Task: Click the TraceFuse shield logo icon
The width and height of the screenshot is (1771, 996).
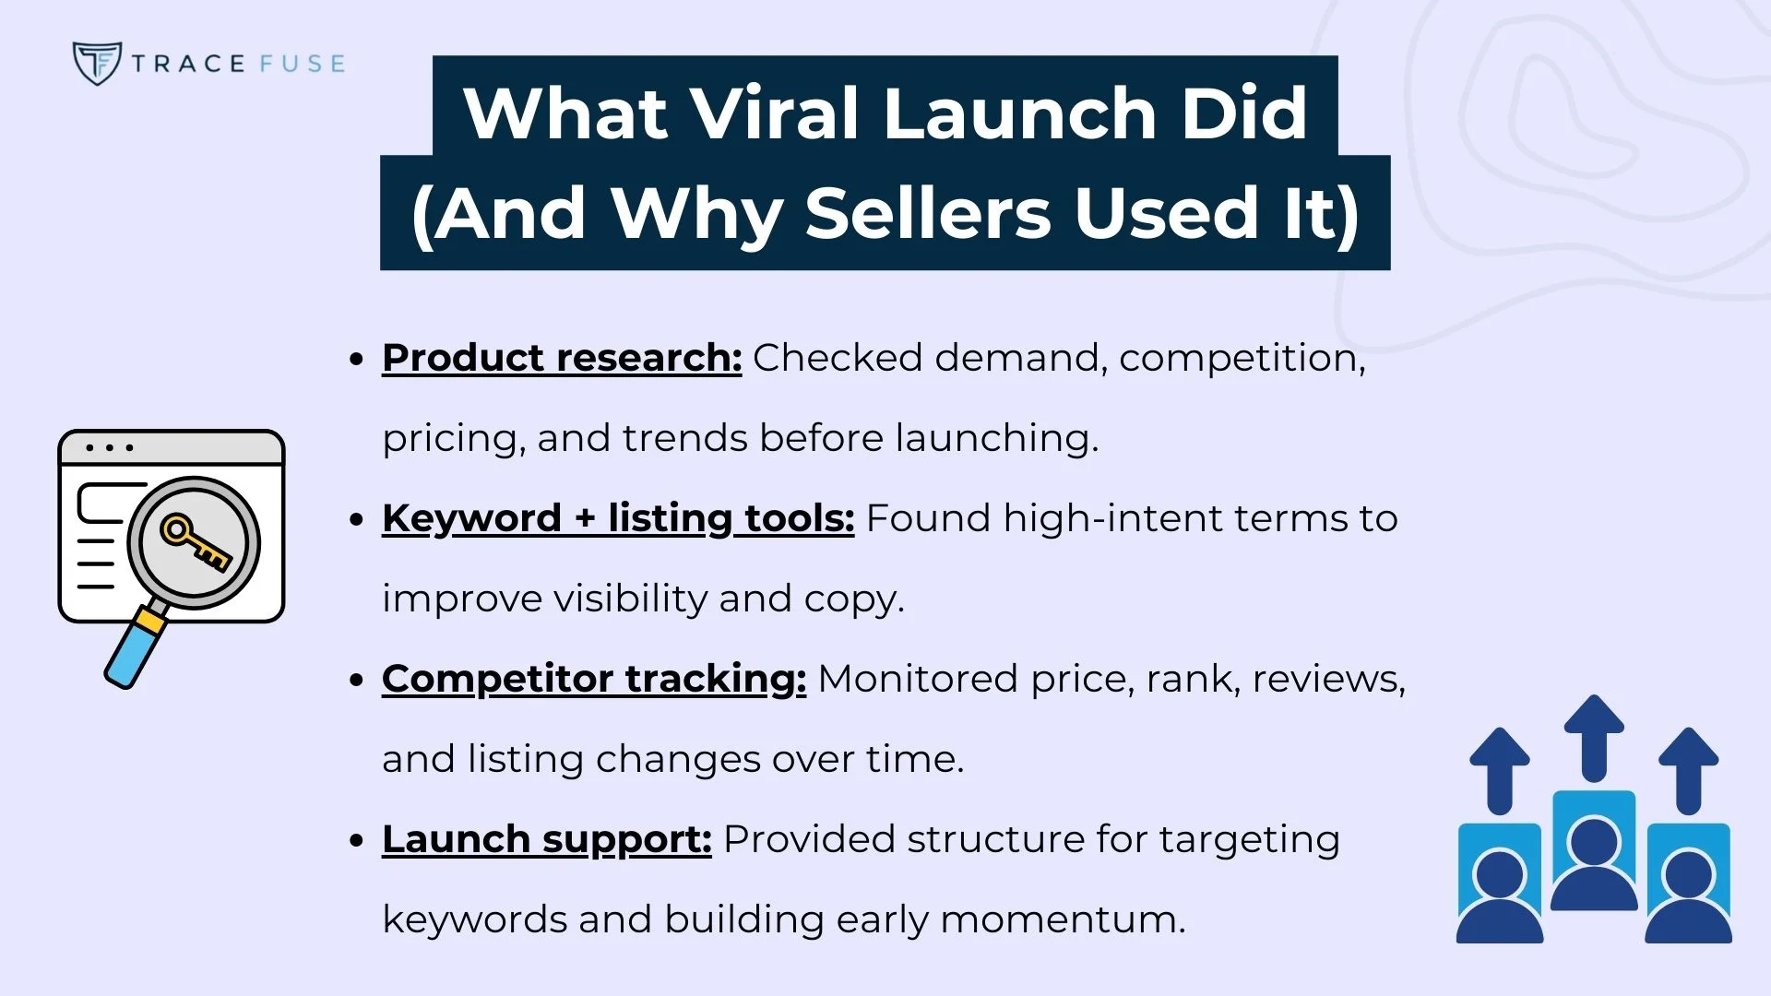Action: [96, 63]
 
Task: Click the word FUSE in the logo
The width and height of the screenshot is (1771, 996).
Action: [302, 64]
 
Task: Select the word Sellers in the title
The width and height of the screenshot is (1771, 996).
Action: [928, 213]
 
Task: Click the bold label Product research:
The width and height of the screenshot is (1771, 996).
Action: [562, 358]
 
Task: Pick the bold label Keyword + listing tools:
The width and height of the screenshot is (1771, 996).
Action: [618, 518]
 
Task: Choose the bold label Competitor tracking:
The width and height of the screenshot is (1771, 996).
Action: [594, 679]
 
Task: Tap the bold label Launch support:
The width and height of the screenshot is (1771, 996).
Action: [546, 839]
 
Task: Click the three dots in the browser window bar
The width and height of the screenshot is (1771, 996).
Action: [110, 448]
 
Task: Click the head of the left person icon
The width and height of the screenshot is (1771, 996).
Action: [1500, 873]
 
